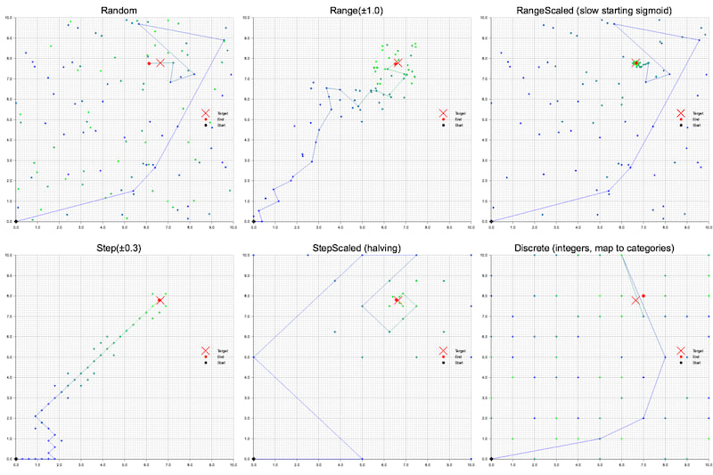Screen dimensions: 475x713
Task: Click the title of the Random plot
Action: coord(125,9)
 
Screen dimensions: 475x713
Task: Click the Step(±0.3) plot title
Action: coord(125,247)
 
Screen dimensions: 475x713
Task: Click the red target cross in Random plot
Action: coord(160,62)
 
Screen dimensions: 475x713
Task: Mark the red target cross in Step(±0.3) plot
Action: coord(160,300)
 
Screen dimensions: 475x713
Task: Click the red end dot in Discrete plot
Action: coord(643,295)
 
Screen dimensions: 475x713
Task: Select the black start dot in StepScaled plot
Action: coord(254,459)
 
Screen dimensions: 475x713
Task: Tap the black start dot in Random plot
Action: coord(16,221)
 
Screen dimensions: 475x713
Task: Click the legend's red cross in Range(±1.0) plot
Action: coord(443,114)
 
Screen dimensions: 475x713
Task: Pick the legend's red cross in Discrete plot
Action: coord(680,352)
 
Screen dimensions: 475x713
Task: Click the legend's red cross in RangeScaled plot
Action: coord(680,114)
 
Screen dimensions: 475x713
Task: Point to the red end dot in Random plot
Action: coord(150,62)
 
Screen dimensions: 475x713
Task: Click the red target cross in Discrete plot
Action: coord(635,300)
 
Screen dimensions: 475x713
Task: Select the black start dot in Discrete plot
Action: coord(491,459)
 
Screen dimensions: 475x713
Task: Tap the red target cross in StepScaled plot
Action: coord(397,300)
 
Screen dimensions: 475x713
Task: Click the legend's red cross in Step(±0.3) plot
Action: coord(205,352)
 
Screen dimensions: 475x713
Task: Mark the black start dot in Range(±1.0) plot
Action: coord(254,221)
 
